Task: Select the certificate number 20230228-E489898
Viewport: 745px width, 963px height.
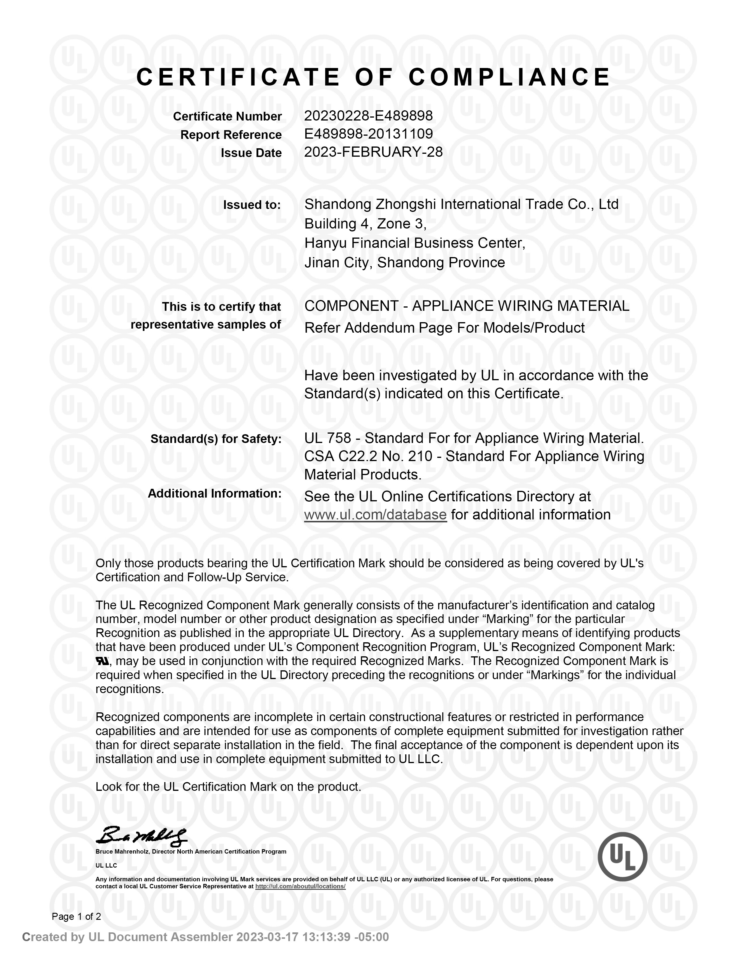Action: (368, 116)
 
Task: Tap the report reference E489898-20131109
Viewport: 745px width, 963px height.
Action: (368, 134)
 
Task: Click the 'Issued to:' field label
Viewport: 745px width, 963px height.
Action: (252, 205)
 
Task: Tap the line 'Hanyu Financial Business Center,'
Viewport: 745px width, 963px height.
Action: (415, 243)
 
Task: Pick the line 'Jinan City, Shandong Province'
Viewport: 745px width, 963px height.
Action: (405, 263)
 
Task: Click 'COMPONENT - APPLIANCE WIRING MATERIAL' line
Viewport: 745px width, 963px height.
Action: (467, 306)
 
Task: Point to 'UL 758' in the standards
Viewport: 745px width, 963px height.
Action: (328, 438)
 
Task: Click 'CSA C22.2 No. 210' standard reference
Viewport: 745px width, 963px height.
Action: (368, 456)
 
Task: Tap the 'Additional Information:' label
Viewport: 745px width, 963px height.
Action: (214, 493)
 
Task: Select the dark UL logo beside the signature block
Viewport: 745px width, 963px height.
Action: (622, 857)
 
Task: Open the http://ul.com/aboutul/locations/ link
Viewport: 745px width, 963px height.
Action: (300, 886)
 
